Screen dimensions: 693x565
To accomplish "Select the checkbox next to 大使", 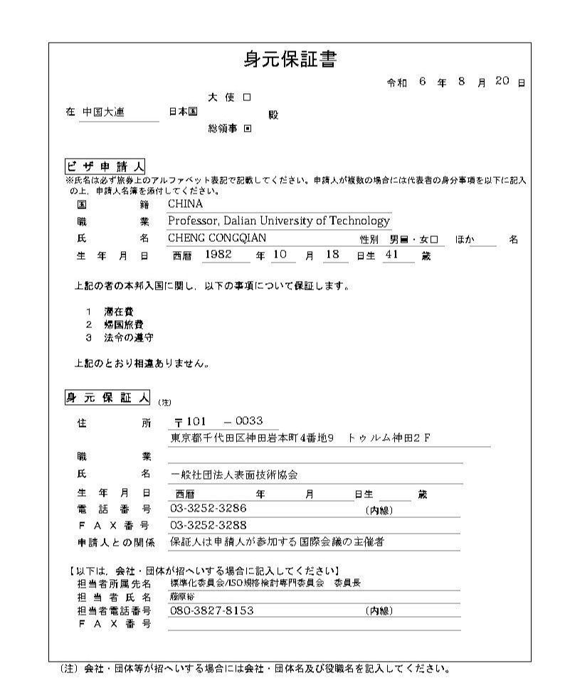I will (x=246, y=97).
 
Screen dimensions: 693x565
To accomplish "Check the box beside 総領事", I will (x=247, y=129).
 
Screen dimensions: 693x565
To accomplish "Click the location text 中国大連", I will (x=103, y=112).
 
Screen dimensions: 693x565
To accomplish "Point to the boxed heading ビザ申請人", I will (x=105, y=166).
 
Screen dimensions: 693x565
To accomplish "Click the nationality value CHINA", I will (x=185, y=204).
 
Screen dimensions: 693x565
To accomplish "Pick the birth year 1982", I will (x=218, y=255).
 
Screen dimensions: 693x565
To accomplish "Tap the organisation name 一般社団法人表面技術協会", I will (x=233, y=475).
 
